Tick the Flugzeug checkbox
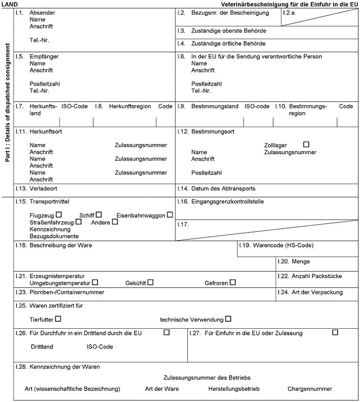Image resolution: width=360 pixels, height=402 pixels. coord(59,215)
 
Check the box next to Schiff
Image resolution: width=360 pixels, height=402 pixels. coord(99,215)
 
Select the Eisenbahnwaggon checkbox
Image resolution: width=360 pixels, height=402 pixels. coord(170,215)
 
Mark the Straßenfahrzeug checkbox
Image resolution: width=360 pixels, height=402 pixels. coord(79,221)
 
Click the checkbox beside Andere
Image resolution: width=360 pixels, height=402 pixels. coord(115,221)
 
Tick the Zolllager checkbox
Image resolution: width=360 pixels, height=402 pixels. coord(306,144)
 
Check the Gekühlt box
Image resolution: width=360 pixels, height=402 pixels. coord(151,282)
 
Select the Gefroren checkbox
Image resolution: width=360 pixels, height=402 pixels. coord(233,282)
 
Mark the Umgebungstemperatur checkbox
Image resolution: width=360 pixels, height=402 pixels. coord(95,282)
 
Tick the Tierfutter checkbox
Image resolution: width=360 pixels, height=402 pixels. coord(58,319)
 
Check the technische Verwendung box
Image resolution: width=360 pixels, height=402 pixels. coord(229,319)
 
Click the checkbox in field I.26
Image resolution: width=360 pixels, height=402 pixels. coord(167,332)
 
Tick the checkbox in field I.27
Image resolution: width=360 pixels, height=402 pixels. coord(335,332)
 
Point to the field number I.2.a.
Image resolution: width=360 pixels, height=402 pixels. coord(290,13)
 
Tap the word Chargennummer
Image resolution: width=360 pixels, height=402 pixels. coord(310,389)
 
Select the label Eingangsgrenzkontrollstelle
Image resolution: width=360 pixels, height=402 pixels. coord(228,202)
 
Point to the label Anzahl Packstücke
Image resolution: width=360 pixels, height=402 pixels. coord(317,276)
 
